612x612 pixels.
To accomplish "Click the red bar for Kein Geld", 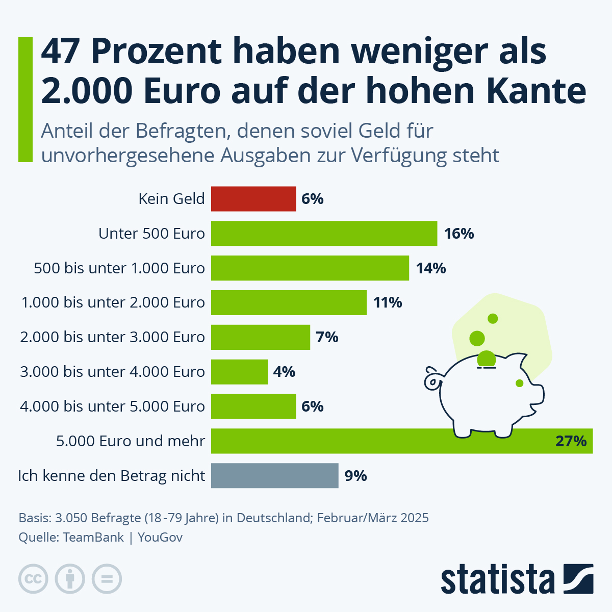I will click(x=253, y=199).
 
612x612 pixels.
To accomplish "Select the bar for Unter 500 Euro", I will click(x=324, y=234).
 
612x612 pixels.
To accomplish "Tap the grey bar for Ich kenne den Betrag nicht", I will click(x=274, y=476).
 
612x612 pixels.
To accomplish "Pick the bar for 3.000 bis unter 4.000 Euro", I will click(x=239, y=372).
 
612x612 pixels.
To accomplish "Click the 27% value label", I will click(x=571, y=441).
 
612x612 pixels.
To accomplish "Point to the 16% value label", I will click(x=458, y=234).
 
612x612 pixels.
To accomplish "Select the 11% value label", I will click(x=388, y=303).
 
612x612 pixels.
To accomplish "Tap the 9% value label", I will click(x=355, y=476).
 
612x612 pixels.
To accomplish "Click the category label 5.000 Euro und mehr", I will click(x=131, y=441).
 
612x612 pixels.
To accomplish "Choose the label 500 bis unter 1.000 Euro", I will click(x=119, y=268).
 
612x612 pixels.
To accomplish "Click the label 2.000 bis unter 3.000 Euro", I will click(x=112, y=337).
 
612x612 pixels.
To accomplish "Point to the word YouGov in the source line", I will click(x=160, y=538).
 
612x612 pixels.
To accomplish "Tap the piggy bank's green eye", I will click(x=519, y=383).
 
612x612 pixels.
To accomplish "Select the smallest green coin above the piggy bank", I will click(x=493, y=319).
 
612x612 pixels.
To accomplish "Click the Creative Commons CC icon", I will click(x=33, y=579).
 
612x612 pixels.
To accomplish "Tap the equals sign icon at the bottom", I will click(x=107, y=579).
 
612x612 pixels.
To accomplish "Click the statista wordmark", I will click(x=497, y=580).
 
